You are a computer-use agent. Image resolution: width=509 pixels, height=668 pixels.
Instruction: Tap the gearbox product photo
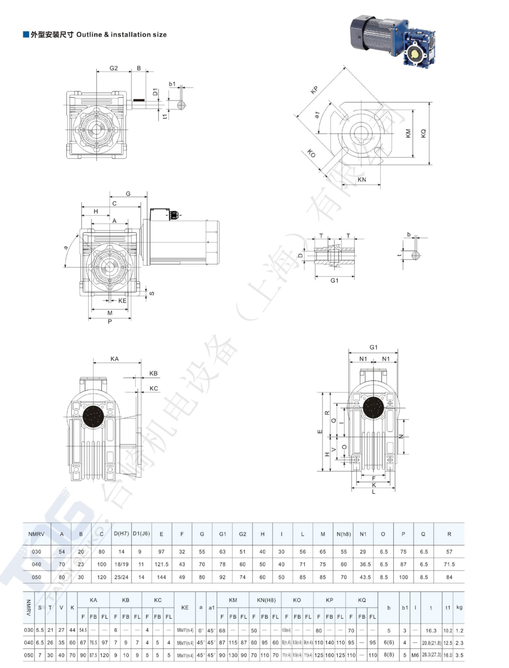(392, 41)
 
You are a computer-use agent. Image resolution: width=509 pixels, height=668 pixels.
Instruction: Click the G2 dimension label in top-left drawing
(114, 68)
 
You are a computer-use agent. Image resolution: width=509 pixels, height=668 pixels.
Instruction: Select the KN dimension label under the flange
(362, 179)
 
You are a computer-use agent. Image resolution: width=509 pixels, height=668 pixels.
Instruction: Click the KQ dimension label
(423, 133)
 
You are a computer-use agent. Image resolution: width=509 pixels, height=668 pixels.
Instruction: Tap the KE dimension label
(122, 301)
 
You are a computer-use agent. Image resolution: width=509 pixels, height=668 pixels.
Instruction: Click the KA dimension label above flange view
(114, 358)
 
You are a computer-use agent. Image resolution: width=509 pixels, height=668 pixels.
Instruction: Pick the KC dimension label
(154, 388)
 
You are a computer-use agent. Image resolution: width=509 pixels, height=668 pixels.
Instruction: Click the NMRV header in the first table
(37, 534)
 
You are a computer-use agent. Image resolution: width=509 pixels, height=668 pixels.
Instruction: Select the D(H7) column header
(121, 534)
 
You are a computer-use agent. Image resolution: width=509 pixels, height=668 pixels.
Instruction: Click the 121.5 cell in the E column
(161, 564)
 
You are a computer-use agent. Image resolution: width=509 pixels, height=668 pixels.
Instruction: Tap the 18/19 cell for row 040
(121, 564)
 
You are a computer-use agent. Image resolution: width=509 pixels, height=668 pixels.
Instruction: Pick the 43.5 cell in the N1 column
(365, 577)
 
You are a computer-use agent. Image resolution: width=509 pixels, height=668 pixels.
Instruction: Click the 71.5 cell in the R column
(449, 564)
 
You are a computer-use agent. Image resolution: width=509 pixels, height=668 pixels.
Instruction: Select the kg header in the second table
(459, 607)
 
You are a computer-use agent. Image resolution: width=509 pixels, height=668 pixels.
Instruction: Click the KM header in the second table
(233, 600)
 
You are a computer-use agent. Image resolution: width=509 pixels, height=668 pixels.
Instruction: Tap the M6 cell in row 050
(415, 655)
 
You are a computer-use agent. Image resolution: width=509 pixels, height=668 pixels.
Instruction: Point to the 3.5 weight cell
(459, 655)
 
